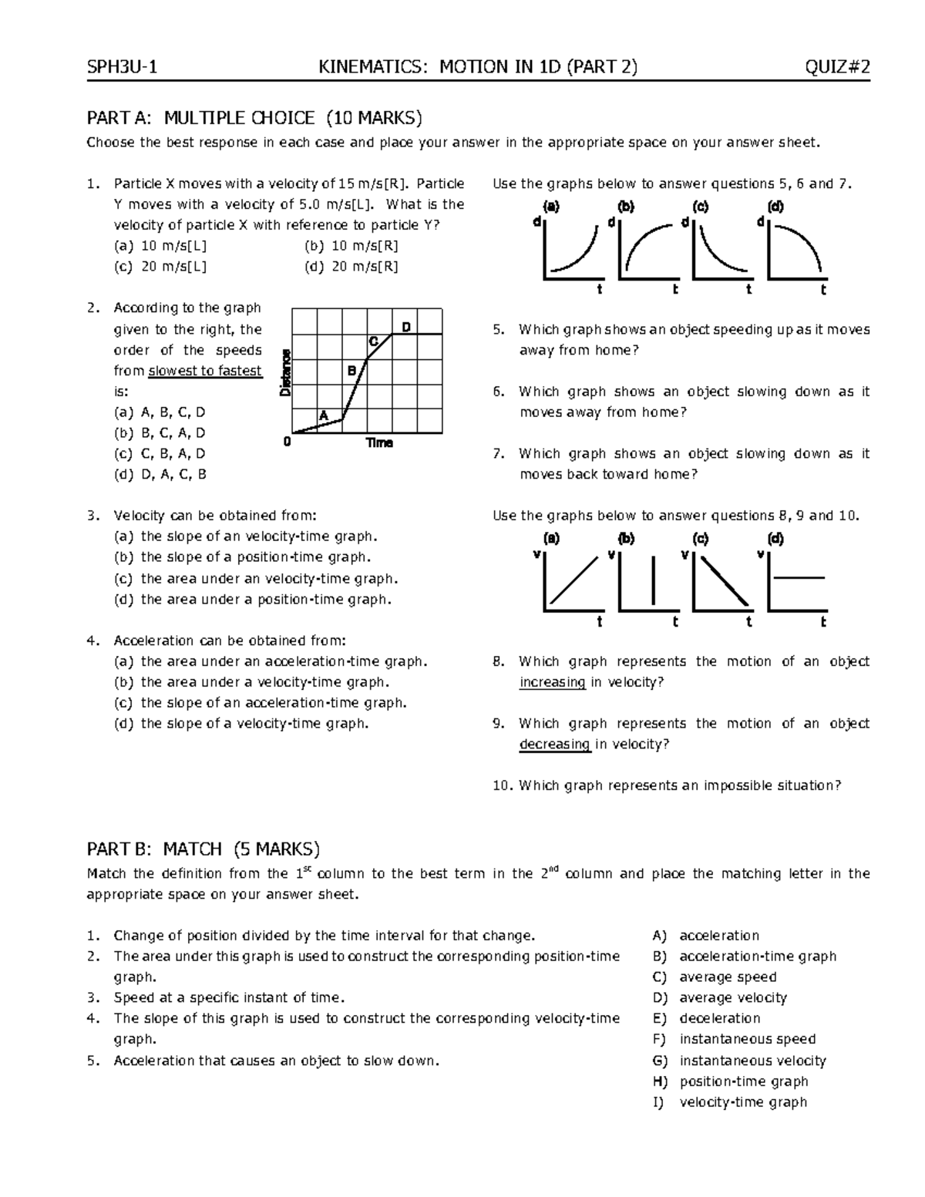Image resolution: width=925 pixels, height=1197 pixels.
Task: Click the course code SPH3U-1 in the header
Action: click(123, 68)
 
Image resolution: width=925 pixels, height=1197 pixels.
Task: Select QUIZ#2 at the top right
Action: click(837, 68)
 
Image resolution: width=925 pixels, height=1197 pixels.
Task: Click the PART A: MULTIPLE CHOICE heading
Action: click(254, 118)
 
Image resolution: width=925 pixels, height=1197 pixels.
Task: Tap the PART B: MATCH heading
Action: click(203, 849)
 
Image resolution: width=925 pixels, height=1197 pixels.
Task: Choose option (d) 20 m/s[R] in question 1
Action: click(351, 267)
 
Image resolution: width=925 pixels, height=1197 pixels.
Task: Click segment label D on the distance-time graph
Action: click(406, 327)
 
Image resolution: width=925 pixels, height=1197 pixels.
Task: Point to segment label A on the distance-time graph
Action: click(324, 415)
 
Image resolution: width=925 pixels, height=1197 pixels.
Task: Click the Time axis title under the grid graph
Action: click(379, 442)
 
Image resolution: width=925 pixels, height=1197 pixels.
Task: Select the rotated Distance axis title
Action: click(285, 372)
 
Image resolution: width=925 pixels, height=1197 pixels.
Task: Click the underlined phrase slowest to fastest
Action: click(205, 371)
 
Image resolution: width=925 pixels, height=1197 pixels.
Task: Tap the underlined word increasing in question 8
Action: click(552, 682)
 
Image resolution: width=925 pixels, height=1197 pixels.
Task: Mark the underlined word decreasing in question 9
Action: click(555, 745)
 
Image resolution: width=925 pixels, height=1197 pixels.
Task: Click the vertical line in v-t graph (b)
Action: click(654, 580)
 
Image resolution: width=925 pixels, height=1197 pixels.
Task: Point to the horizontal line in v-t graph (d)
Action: click(799, 577)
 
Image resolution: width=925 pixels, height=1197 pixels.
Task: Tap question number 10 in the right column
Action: click(502, 786)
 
